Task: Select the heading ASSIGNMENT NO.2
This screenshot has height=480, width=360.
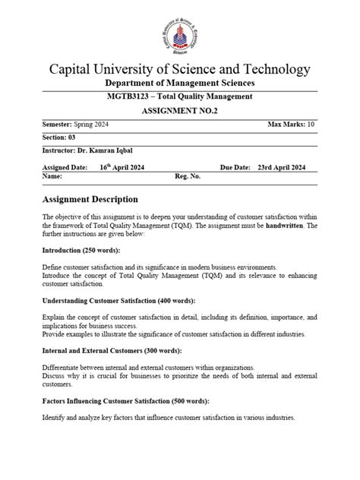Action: pos(180,111)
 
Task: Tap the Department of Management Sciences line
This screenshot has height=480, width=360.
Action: pos(180,83)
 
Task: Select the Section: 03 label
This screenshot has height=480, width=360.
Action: pos(58,137)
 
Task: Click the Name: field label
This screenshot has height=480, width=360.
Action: pos(52,175)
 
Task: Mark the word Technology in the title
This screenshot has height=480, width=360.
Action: pos(270,69)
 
